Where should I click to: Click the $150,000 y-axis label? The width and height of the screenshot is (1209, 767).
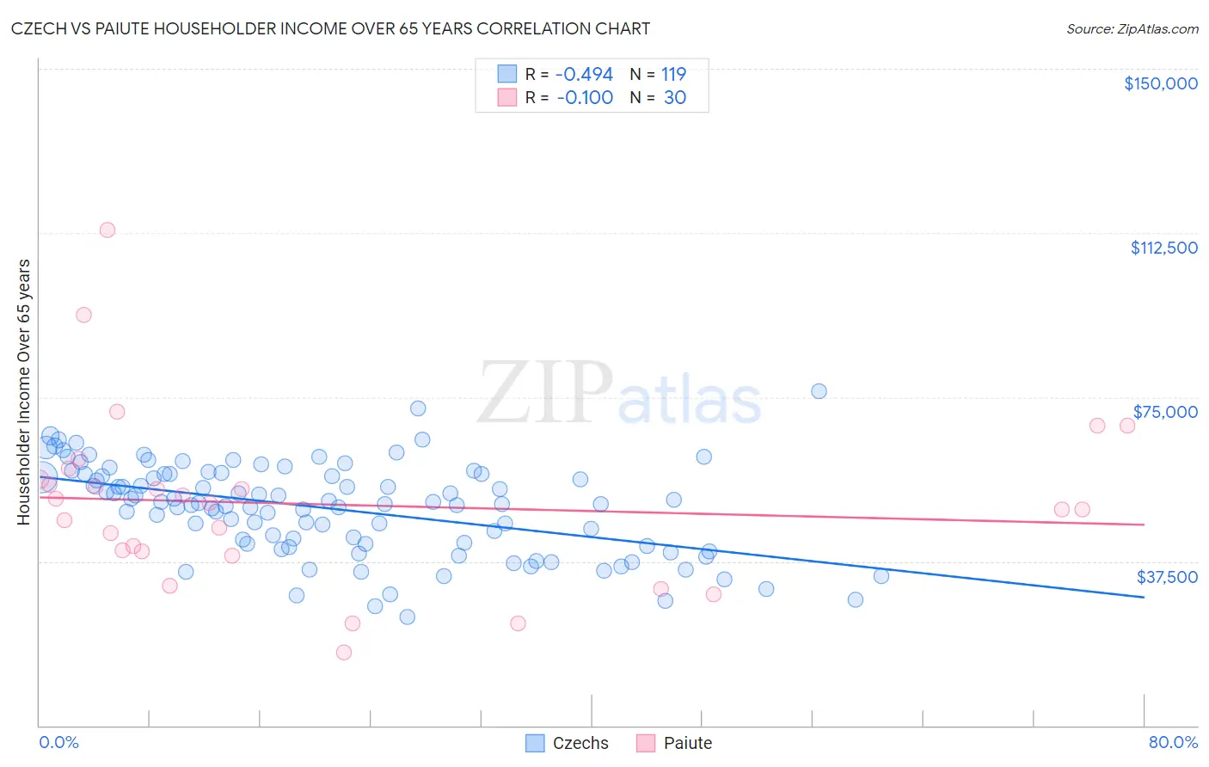coord(1160,83)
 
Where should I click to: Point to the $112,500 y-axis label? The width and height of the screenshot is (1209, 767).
coord(1163,248)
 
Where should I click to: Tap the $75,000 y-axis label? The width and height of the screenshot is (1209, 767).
coord(1165,412)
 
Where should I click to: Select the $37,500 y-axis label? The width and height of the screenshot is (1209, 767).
coord(1167,577)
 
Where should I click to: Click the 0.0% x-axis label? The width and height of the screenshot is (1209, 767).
coord(58,743)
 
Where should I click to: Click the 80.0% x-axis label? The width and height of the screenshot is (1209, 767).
coord(1173,743)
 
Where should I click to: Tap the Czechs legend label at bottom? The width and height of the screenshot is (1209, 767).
coord(580,744)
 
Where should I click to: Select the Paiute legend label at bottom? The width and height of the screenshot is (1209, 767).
coord(688,744)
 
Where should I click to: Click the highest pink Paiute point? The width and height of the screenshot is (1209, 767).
coord(107,230)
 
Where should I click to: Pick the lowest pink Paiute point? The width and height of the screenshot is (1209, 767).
coord(344,653)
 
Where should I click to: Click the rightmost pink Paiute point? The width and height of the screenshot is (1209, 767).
coord(1127,426)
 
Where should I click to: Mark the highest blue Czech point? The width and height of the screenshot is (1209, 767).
coord(819,391)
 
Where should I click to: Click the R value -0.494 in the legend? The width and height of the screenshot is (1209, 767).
coord(584,75)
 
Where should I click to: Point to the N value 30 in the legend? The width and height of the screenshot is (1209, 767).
coord(675,98)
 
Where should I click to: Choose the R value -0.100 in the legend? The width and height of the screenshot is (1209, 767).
coord(585,98)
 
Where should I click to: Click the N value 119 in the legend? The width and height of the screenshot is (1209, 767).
coord(673,75)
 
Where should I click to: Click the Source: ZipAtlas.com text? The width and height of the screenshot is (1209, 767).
coord(1132,29)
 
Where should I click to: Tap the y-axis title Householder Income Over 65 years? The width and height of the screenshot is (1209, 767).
coord(24,391)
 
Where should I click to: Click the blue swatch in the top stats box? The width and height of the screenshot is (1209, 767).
coord(507,75)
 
